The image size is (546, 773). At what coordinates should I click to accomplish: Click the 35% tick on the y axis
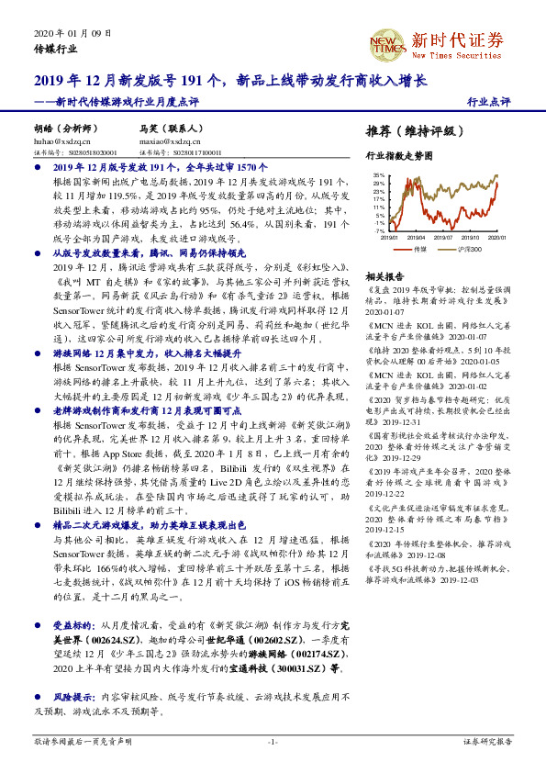point(378,174)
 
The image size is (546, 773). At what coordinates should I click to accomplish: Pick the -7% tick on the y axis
point(379,231)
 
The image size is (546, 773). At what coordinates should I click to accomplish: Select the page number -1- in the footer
point(273,741)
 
